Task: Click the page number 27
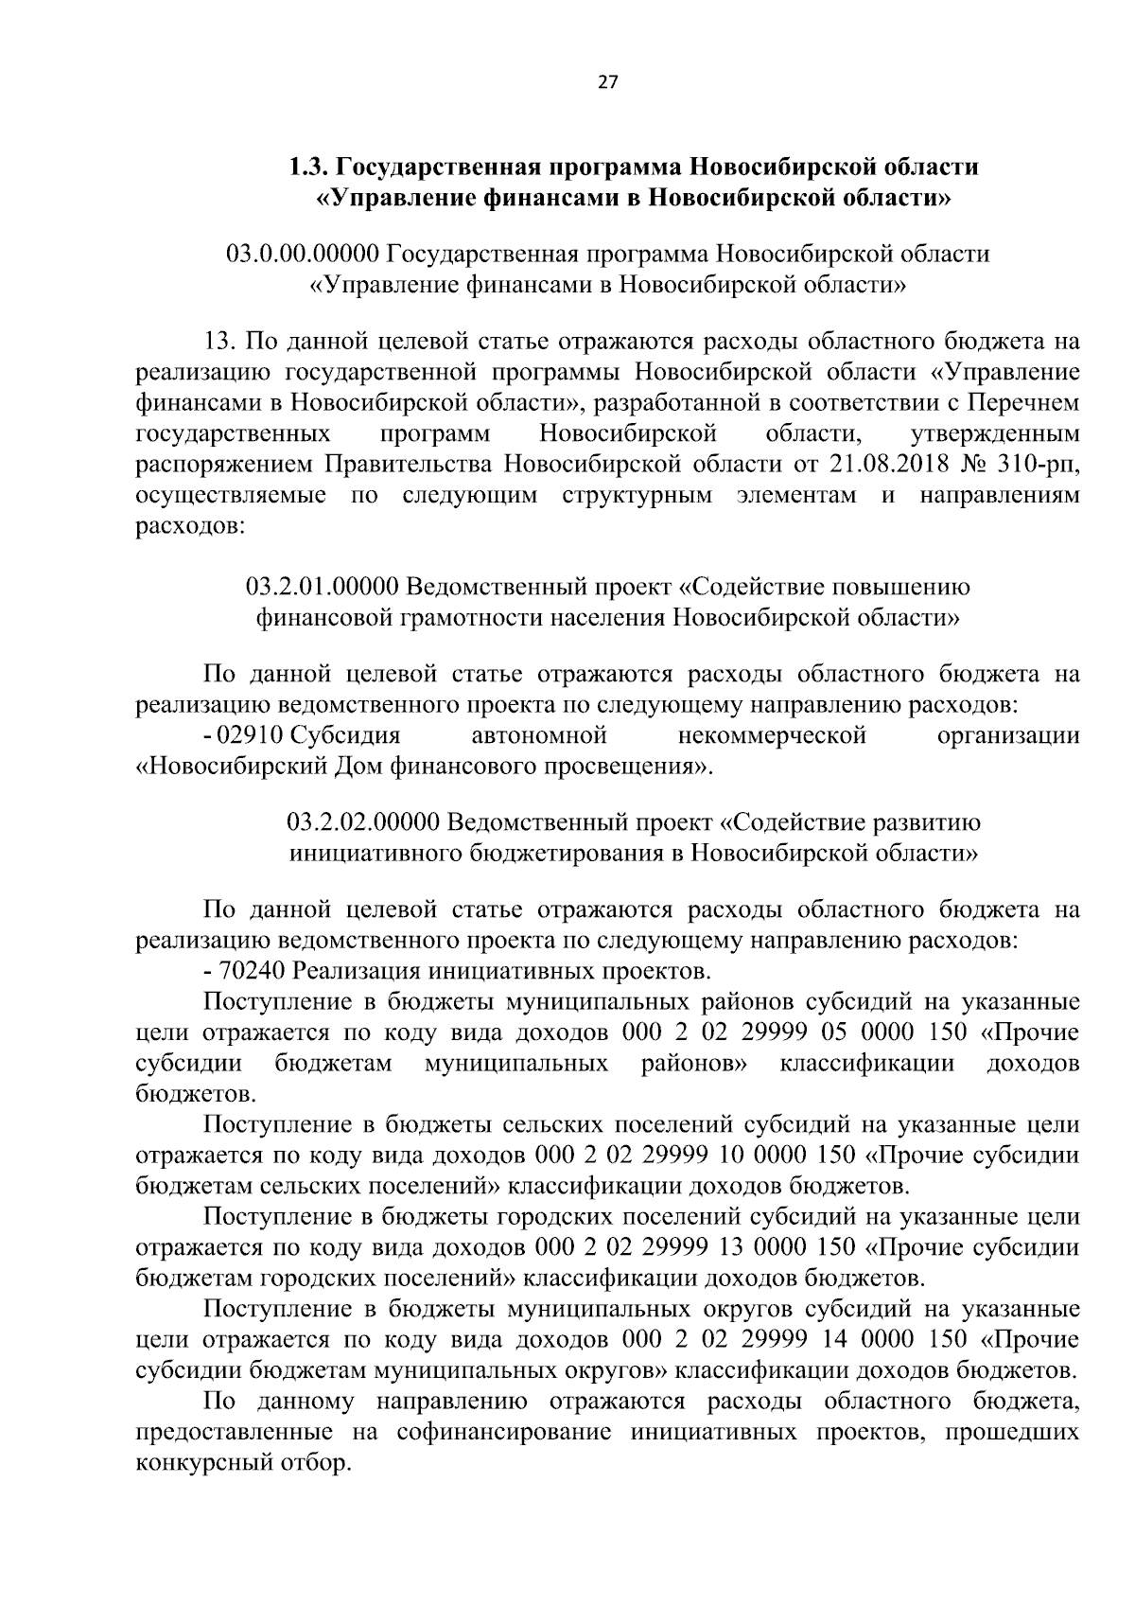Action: [x=607, y=82]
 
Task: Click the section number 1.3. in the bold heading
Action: [x=309, y=168]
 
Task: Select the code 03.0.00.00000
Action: [x=303, y=255]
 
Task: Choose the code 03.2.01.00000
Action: [x=322, y=587]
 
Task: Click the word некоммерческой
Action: [x=772, y=735]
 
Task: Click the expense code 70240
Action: [x=249, y=971]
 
